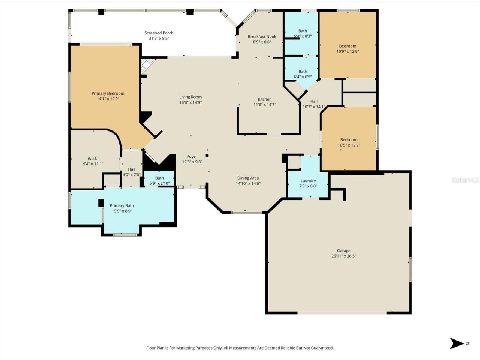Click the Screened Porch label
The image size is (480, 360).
click(159, 33)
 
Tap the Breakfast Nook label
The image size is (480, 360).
click(262, 36)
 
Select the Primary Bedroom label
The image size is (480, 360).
click(108, 93)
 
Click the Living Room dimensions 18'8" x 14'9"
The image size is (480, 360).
click(190, 102)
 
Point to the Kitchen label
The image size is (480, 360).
click(265, 99)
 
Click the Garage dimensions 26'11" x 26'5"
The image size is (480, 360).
click(343, 256)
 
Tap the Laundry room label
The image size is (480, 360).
click(308, 181)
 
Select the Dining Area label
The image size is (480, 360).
click(248, 178)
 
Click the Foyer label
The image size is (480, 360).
click(192, 157)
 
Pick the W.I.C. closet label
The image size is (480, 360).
click(93, 159)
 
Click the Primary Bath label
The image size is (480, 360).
click(121, 205)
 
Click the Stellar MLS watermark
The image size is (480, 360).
click(465, 180)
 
